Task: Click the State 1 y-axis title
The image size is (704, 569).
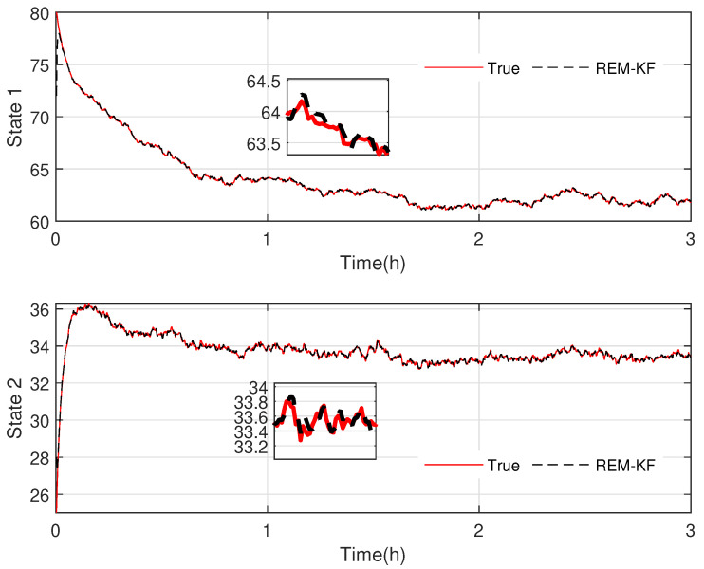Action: [x=15, y=118]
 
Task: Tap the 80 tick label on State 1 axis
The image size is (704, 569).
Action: [x=40, y=14]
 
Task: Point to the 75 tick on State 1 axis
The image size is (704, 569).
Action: [x=40, y=65]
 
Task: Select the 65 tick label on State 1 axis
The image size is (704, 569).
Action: [x=40, y=170]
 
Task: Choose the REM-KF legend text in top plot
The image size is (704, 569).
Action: [x=616, y=68]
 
